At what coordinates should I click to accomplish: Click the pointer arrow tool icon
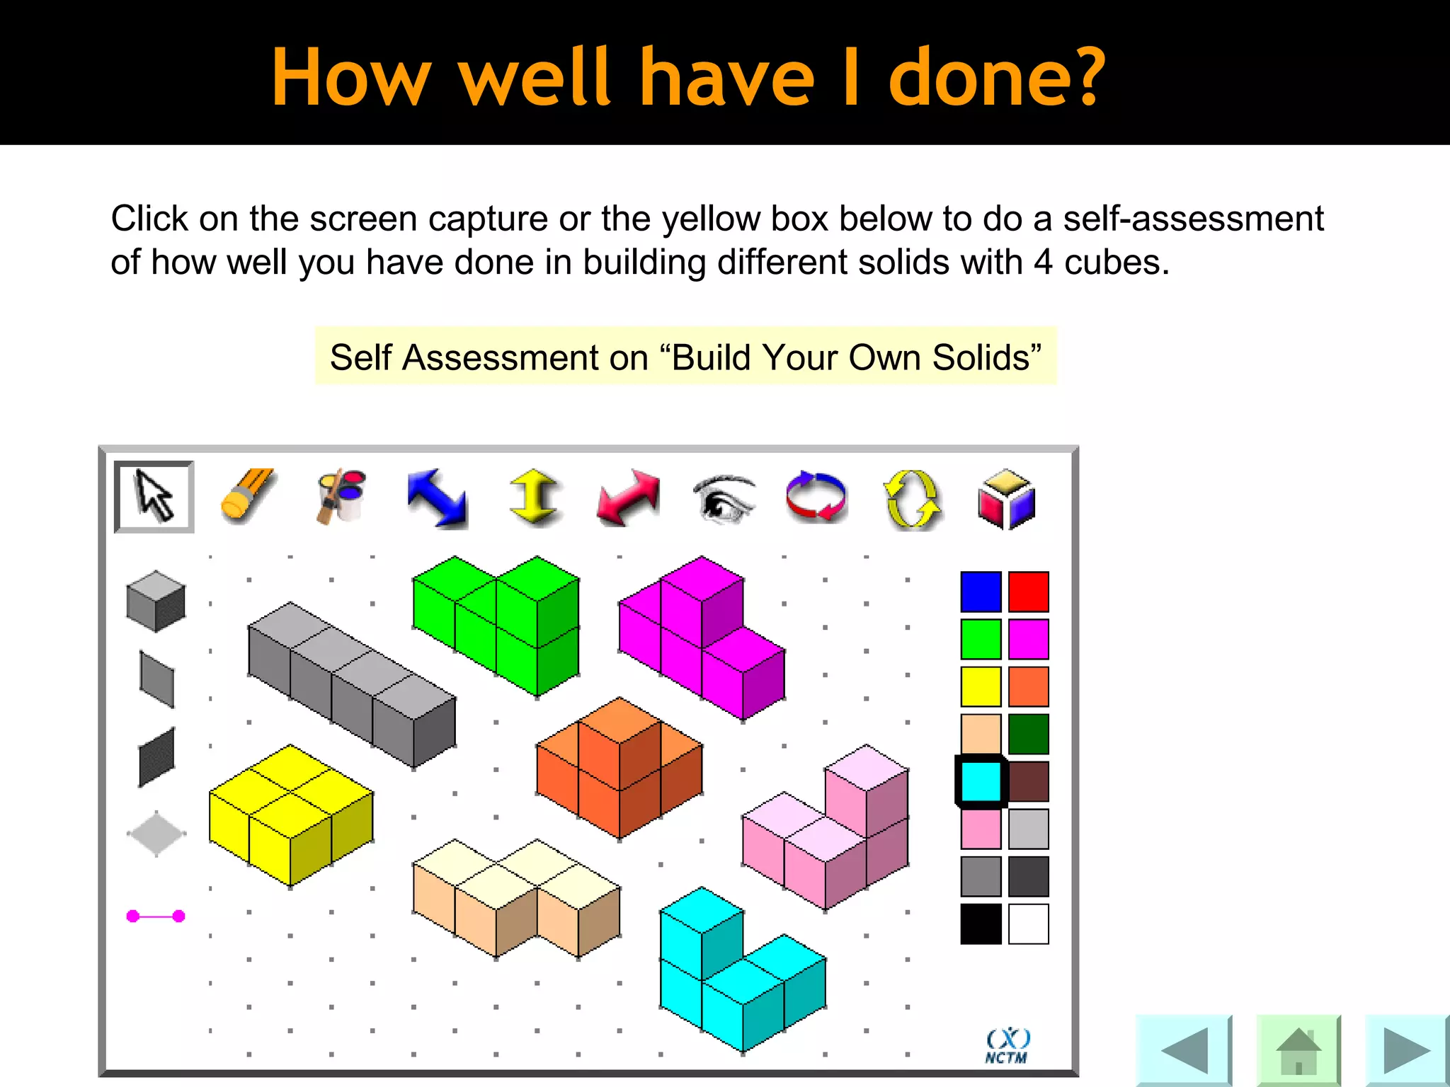[x=154, y=497]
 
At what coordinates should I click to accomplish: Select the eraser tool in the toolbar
[x=247, y=495]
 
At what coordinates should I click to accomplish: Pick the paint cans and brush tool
[x=341, y=495]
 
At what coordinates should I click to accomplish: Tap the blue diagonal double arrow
[x=437, y=498]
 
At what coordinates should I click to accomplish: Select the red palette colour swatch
[x=1028, y=592]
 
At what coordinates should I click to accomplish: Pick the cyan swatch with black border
[x=981, y=781]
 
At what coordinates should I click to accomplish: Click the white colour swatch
[x=1028, y=924]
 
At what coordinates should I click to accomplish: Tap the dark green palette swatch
[x=1028, y=734]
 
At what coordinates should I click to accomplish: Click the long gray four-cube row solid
[x=352, y=684]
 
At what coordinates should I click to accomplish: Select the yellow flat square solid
[x=291, y=814]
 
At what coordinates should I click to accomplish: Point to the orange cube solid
[x=620, y=767]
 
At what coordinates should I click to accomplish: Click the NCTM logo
[x=1007, y=1046]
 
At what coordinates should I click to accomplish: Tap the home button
[x=1298, y=1050]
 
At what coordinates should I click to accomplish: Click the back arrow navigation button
[x=1184, y=1050]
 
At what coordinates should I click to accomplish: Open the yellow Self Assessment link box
[x=685, y=357]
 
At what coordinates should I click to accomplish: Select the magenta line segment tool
[x=156, y=916]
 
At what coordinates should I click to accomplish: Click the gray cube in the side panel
[x=156, y=601]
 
